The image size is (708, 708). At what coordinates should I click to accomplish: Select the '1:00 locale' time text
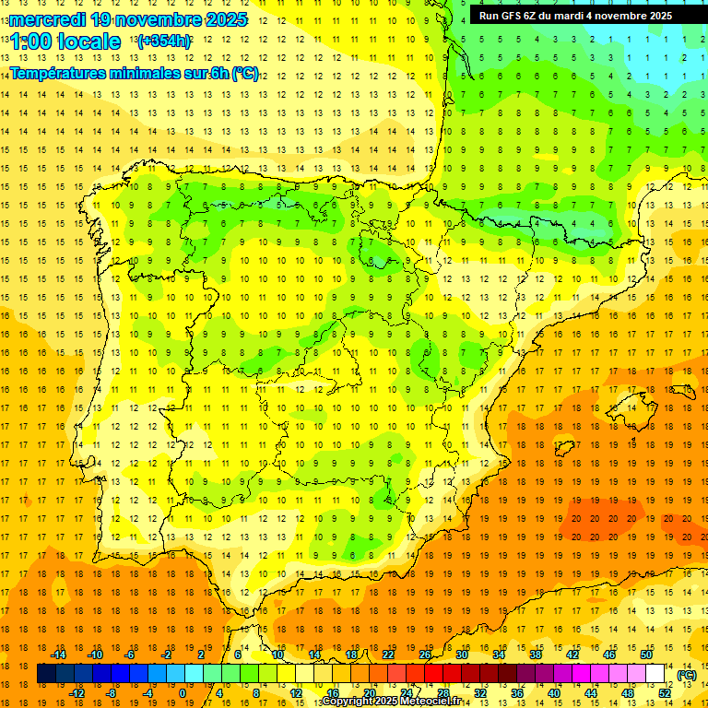[65, 41]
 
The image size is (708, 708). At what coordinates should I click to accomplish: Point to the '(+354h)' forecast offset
[164, 41]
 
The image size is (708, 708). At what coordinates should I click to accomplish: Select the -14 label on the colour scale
[58, 655]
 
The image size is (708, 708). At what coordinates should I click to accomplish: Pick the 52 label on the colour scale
[665, 693]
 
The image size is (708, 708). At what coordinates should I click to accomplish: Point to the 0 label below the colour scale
[183, 693]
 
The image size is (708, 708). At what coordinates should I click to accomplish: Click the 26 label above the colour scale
[425, 655]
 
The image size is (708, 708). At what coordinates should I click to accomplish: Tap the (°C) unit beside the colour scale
[686, 675]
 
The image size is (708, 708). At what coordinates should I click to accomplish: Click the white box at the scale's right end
[655, 674]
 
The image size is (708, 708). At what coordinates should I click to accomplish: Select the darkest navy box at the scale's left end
[46, 674]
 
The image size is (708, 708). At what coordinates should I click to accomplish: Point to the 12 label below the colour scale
[297, 693]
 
